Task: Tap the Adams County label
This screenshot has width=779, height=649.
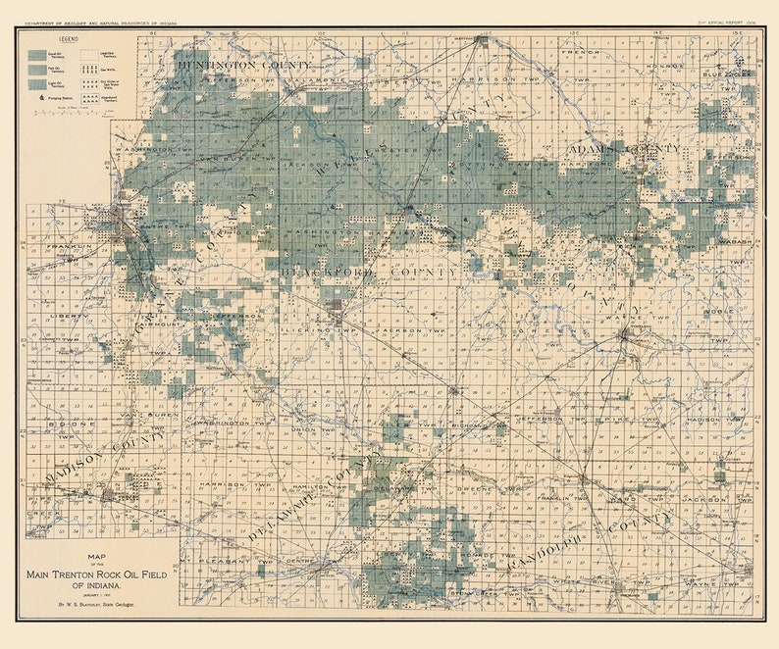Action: [x=625, y=148]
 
